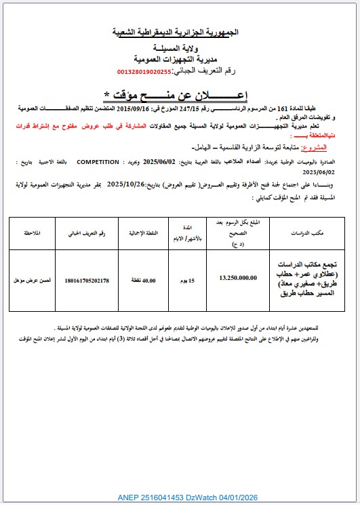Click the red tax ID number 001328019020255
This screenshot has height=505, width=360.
coord(144,70)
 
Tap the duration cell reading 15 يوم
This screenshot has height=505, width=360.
coord(191,280)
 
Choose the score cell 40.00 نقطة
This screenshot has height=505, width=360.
coord(145,280)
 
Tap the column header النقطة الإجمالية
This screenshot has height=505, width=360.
coord(145,232)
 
